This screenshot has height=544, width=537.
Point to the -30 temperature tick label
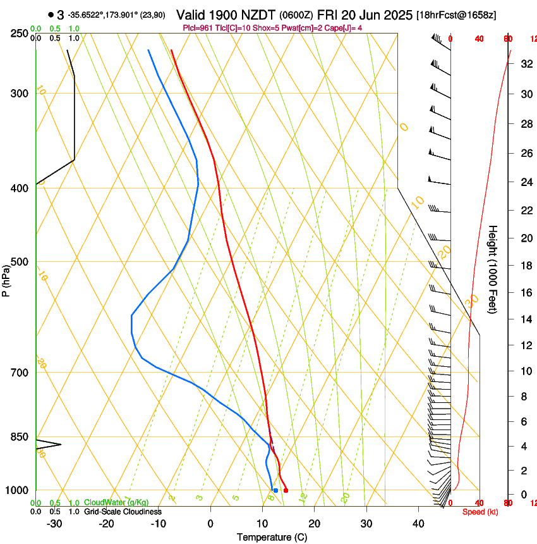[54, 524]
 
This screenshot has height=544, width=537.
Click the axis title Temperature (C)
[272, 538]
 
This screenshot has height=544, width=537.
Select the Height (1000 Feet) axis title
[493, 269]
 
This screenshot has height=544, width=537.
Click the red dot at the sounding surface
[286, 490]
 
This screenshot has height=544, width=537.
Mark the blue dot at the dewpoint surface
[275, 490]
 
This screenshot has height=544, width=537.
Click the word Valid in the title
[195, 15]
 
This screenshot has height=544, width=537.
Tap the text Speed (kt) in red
[480, 512]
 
